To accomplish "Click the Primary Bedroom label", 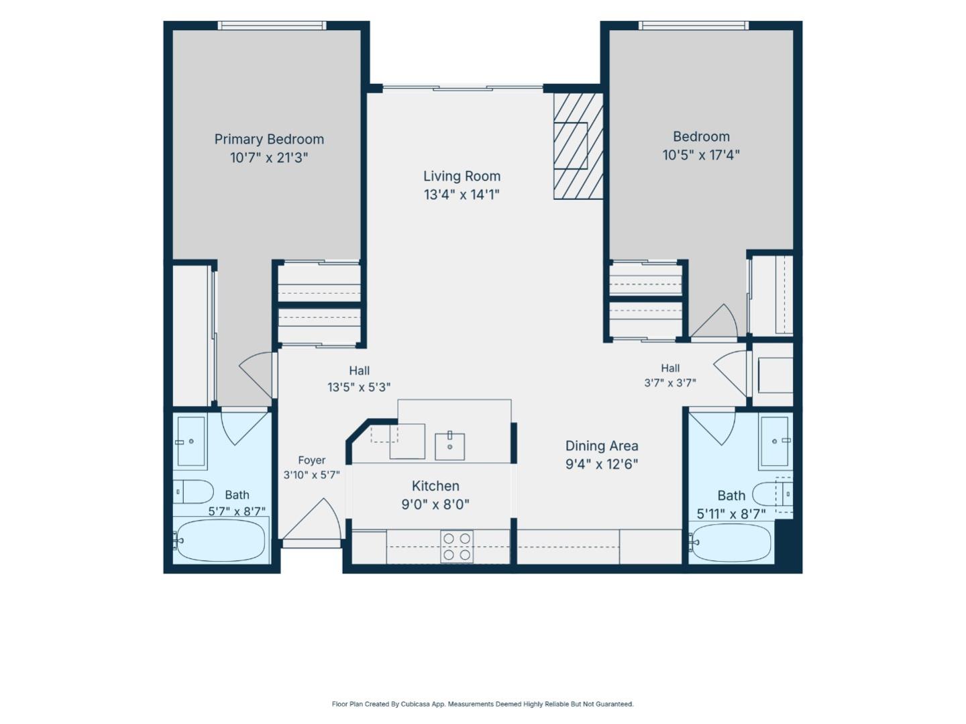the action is click(x=269, y=139).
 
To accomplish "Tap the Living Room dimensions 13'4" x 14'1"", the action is click(x=462, y=195).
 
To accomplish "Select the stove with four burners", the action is click(x=457, y=546).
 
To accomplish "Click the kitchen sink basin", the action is click(x=449, y=446).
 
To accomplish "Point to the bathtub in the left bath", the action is click(x=221, y=540).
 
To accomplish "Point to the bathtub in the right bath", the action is click(x=730, y=542).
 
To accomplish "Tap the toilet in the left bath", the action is click(x=194, y=491).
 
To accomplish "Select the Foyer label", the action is click(x=311, y=460).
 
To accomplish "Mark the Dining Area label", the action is click(x=602, y=446).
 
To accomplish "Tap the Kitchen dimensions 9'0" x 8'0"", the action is click(x=435, y=505).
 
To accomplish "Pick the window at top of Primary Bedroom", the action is click(x=272, y=25).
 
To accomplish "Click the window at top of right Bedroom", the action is click(x=694, y=25).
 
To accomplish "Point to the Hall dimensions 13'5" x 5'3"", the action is click(x=359, y=387).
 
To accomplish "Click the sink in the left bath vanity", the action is click(x=191, y=441).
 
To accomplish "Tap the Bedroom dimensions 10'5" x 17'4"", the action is click(x=701, y=155).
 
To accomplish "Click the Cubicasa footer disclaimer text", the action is click(x=482, y=704).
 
